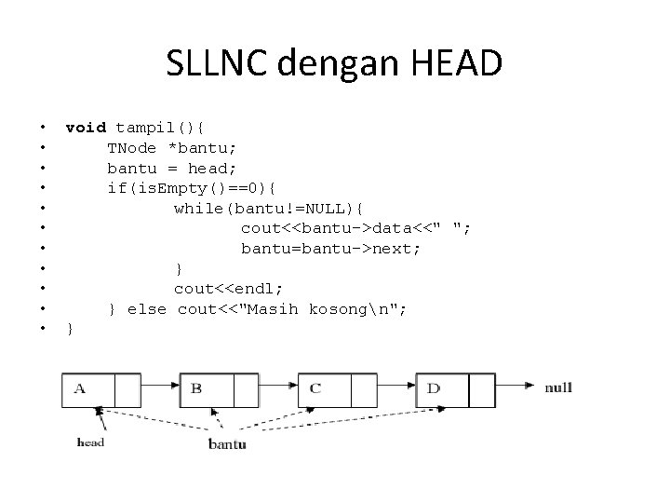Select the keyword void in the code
coord(86,128)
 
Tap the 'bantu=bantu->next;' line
coord(331,249)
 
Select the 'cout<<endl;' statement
coord(229,289)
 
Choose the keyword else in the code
coord(147,308)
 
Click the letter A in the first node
coord(80,388)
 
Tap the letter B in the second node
coord(196,388)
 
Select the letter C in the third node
coord(315,388)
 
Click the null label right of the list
coord(558,387)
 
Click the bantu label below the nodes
coord(227,444)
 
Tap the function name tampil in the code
coord(141,128)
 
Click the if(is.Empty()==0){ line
coord(198,188)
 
